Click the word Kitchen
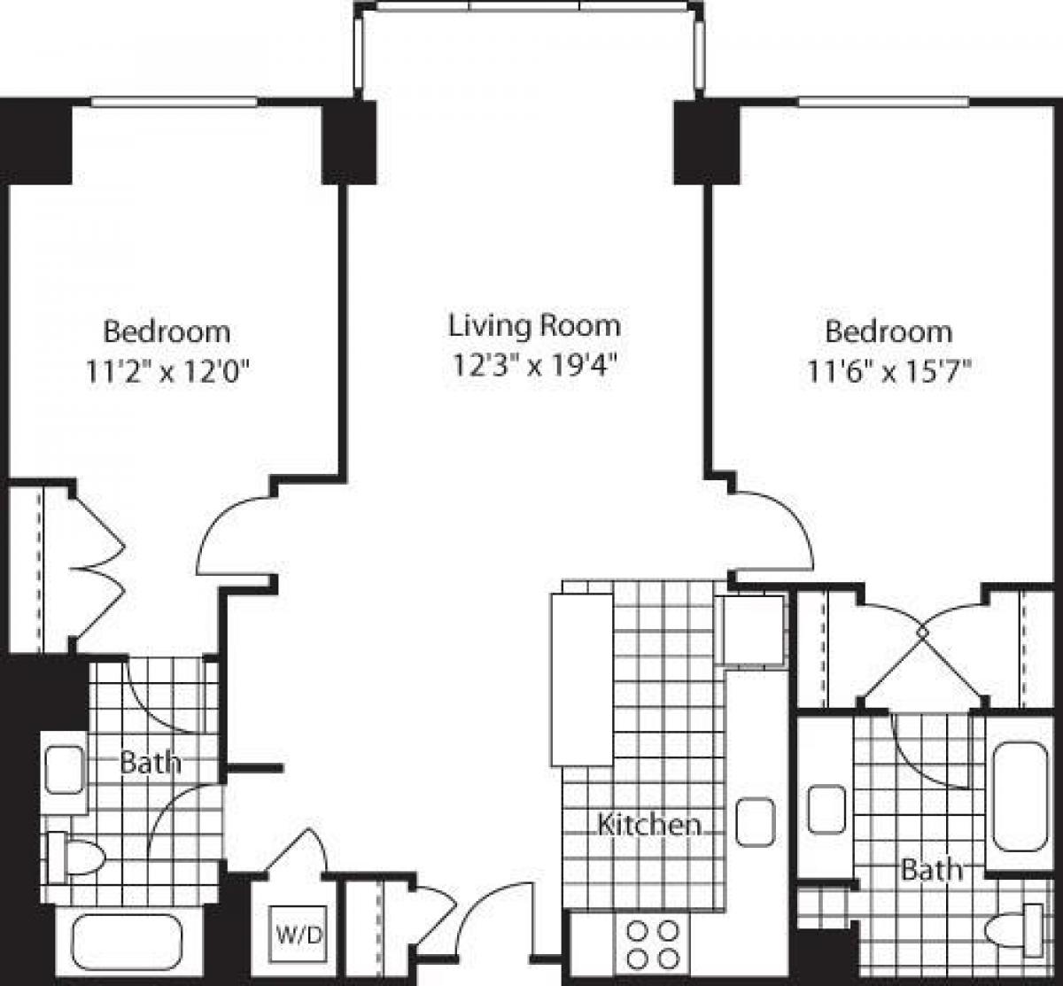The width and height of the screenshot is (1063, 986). pyautogui.click(x=648, y=825)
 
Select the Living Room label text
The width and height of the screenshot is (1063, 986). pyautogui.click(x=534, y=326)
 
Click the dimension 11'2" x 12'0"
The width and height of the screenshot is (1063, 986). pyautogui.click(x=166, y=373)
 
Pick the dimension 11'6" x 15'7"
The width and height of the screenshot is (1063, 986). pyautogui.click(x=888, y=373)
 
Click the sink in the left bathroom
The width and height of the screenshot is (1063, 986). pyautogui.click(x=64, y=770)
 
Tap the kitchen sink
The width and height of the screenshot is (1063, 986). pyautogui.click(x=755, y=822)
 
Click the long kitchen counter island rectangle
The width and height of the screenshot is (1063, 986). pyautogui.click(x=582, y=679)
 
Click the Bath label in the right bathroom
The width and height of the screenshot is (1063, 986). pyautogui.click(x=930, y=869)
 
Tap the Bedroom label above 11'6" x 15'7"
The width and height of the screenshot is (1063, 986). pyautogui.click(x=888, y=332)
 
